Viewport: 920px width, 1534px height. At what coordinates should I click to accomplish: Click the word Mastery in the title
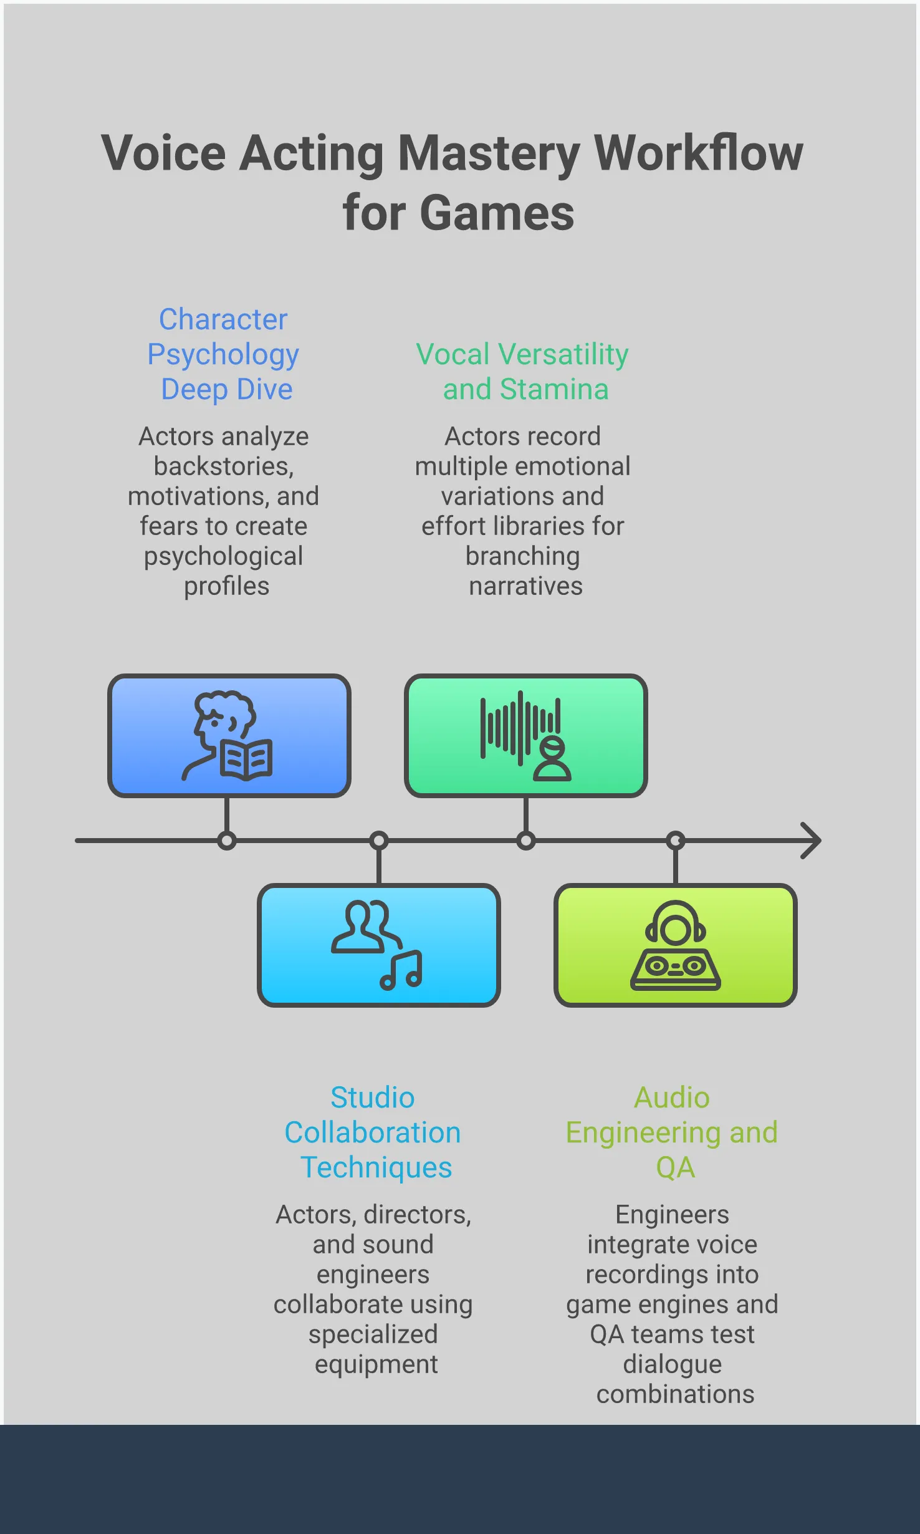click(489, 153)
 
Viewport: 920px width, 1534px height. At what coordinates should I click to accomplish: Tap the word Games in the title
click(496, 213)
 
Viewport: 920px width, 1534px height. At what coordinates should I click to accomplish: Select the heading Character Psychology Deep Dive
click(223, 354)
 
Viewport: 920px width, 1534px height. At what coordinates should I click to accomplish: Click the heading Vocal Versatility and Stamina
click(522, 372)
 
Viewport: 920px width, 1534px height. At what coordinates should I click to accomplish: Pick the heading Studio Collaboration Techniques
click(373, 1132)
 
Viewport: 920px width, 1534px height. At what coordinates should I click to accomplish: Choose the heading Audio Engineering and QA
click(672, 1132)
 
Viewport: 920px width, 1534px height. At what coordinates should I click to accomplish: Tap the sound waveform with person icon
click(525, 736)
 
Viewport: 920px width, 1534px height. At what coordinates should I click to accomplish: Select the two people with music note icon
click(376, 944)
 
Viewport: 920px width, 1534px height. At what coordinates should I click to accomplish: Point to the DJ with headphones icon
click(676, 945)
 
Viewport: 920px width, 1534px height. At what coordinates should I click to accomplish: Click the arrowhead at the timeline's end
click(812, 841)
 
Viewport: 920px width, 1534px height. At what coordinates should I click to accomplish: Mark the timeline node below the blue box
click(227, 841)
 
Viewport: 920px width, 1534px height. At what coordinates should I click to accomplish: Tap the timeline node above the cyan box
click(379, 841)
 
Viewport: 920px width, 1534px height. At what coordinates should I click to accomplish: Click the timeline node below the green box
click(526, 841)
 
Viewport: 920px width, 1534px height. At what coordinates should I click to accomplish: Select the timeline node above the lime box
click(676, 841)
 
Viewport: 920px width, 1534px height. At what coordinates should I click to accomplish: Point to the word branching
click(522, 556)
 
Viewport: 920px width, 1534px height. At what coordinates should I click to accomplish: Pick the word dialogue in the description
click(672, 1364)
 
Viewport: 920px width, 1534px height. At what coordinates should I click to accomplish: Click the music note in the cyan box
click(402, 972)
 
